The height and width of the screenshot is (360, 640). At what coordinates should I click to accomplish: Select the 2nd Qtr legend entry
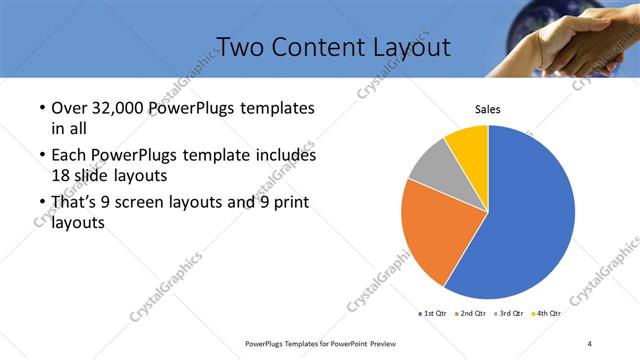pos(472,314)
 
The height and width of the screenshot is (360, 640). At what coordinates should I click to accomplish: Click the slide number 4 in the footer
pos(589,343)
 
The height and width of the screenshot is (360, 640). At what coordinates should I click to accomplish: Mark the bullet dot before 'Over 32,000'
pos(39,108)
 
